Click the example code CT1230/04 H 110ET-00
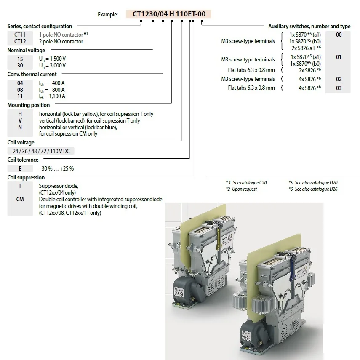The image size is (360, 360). pyautogui.click(x=169, y=14)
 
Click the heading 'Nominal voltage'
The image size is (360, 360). pyautogui.click(x=26, y=51)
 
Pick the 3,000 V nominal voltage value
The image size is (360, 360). pyautogui.click(x=52, y=66)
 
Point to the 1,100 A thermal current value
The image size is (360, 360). pyautogui.click(x=52, y=96)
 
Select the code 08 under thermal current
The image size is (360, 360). pyautogui.click(x=20, y=90)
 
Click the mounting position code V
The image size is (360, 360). pyautogui.click(x=20, y=121)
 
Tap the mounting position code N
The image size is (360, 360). pyautogui.click(x=20, y=127)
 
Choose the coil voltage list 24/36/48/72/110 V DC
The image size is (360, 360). pyautogui.click(x=41, y=151)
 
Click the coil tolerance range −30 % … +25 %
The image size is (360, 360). pyautogui.click(x=56, y=168)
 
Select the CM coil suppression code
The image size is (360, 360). pyautogui.click(x=20, y=200)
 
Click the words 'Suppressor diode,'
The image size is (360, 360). pyautogui.click(x=59, y=186)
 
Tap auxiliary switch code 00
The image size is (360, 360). pyautogui.click(x=339, y=35)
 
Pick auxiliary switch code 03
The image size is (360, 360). pyautogui.click(x=339, y=88)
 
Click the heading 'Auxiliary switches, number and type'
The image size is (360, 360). pyautogui.click(x=309, y=26)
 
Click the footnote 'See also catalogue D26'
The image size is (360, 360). pyautogui.click(x=316, y=189)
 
